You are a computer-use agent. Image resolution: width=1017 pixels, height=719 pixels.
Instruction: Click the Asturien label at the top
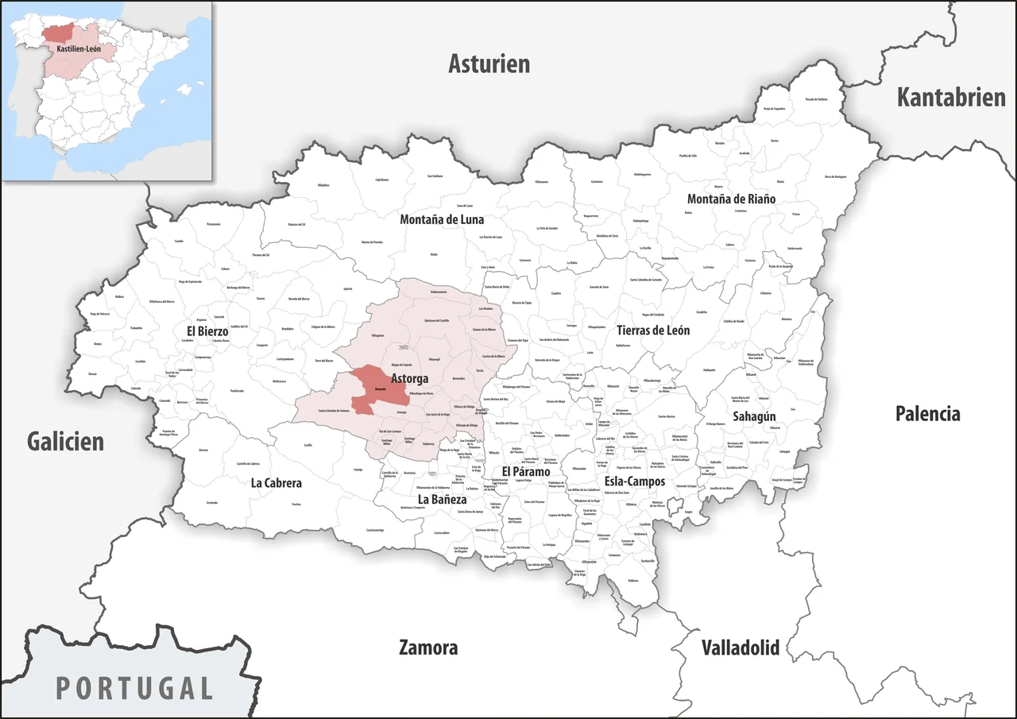(489, 64)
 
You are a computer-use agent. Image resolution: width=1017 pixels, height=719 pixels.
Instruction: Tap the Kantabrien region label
(951, 97)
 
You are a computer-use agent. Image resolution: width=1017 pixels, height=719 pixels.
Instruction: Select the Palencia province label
(927, 413)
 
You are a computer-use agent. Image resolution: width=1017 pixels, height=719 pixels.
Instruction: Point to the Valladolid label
(740, 647)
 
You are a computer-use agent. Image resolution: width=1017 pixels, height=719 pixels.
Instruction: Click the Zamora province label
(428, 647)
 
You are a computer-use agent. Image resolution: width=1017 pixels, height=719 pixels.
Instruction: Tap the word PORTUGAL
(134, 687)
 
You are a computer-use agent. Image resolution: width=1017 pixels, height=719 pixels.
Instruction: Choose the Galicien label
(65, 441)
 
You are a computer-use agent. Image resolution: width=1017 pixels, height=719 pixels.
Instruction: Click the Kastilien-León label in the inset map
(79, 49)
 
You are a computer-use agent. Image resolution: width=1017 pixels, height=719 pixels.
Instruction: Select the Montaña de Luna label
(442, 219)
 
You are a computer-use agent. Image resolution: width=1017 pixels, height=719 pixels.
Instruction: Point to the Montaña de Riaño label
(731, 199)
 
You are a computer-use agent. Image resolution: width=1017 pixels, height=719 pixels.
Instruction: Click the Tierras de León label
(653, 330)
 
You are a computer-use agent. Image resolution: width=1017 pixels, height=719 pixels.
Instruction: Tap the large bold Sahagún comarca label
(754, 416)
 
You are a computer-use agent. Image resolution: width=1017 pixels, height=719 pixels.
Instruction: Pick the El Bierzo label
(207, 330)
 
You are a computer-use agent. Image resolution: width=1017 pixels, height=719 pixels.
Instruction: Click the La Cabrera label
(276, 482)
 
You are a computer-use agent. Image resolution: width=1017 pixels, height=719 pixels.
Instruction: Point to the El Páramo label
(526, 471)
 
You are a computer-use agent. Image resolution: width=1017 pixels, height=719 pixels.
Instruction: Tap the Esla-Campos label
(635, 481)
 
